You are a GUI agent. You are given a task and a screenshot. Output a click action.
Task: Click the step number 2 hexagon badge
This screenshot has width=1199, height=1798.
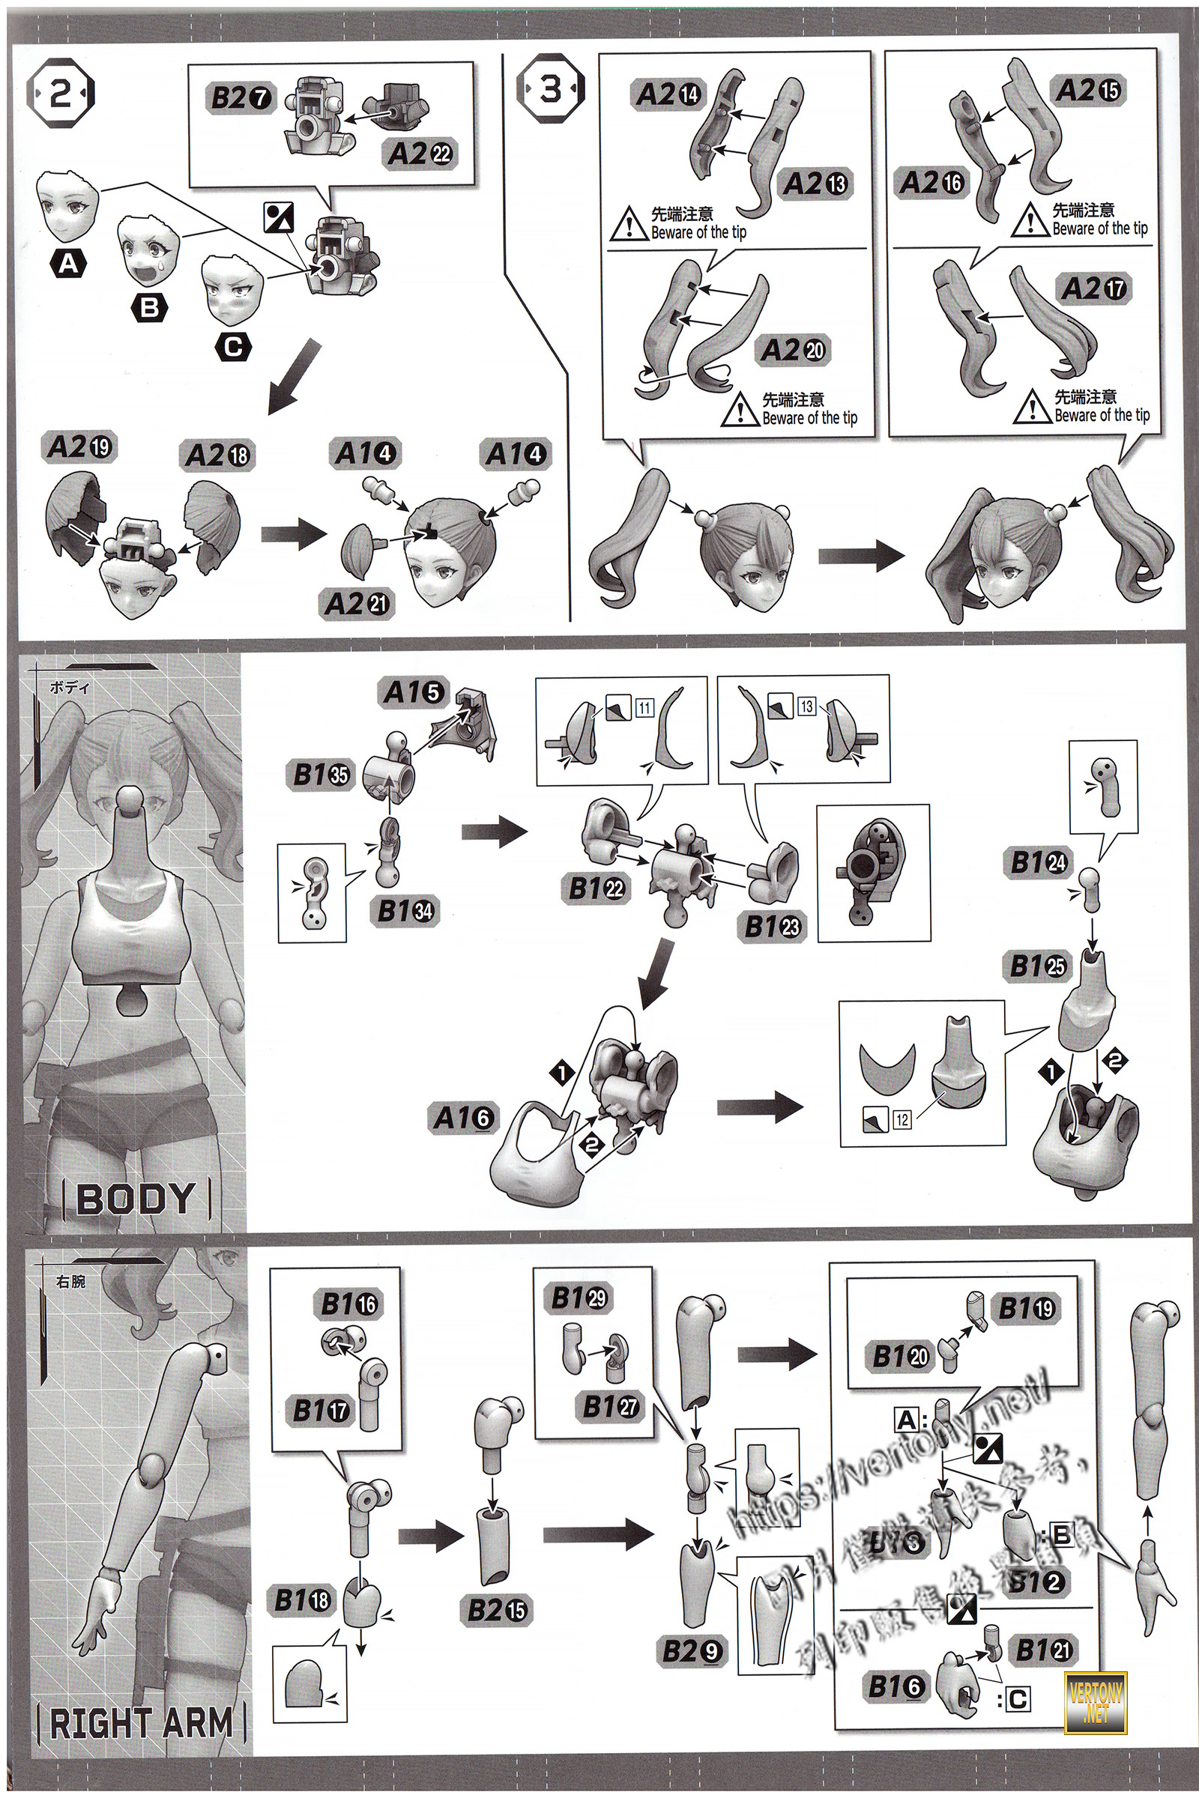click(x=61, y=96)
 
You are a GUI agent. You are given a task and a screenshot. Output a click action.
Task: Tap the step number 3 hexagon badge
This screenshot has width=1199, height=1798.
click(x=550, y=90)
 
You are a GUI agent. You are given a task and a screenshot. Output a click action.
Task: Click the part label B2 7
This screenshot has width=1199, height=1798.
click(x=239, y=99)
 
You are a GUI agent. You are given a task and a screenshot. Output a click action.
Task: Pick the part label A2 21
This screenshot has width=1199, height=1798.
click(x=357, y=604)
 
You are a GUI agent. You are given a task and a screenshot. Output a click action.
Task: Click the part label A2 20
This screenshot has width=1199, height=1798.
click(x=793, y=351)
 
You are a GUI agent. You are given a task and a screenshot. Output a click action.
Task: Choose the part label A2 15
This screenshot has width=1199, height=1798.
click(x=1088, y=91)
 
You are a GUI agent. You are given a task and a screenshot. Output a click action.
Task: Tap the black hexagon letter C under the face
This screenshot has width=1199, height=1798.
click(x=233, y=347)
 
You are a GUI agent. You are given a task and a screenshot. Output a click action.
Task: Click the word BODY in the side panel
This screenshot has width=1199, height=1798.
click(x=136, y=1199)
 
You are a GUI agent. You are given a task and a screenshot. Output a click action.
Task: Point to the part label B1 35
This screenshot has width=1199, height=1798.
click(x=321, y=775)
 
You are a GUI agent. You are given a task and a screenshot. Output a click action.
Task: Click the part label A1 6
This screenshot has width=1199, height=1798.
click(x=462, y=1119)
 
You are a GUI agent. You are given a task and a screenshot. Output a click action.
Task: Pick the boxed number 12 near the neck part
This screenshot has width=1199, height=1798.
click(x=902, y=1120)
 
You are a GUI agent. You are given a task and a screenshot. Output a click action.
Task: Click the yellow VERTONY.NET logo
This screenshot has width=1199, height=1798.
click(x=1095, y=1698)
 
